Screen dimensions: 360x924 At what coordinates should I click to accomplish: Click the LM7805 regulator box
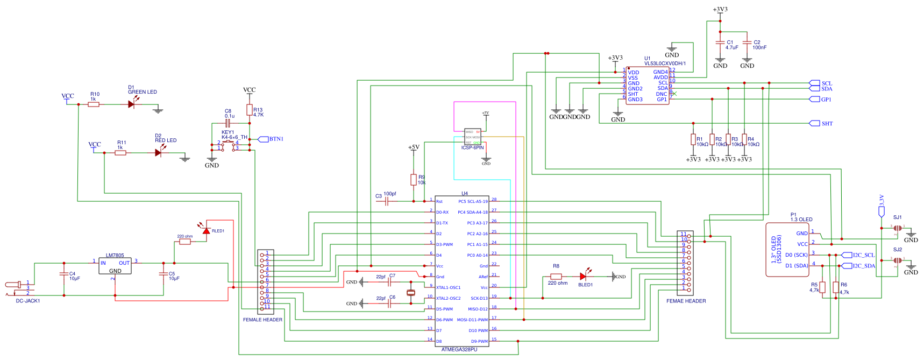coord(115,266)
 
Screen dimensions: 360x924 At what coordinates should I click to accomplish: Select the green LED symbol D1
coord(131,104)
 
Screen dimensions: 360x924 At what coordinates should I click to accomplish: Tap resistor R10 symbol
coord(94,104)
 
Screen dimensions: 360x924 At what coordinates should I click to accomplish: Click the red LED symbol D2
coord(158,153)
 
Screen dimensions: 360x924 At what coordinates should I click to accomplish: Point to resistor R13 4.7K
coord(250,110)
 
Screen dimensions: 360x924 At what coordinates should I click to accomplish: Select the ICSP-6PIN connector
coord(473,137)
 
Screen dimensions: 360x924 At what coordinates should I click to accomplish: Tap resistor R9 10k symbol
coord(414,180)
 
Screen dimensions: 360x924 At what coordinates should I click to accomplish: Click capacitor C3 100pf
coord(387,201)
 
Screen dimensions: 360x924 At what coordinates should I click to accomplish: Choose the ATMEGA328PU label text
coord(459,350)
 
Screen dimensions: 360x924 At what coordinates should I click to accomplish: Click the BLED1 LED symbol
coord(583,277)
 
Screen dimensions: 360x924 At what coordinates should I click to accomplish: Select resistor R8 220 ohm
coord(556,277)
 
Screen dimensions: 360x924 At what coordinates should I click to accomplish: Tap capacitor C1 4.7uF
coord(720,43)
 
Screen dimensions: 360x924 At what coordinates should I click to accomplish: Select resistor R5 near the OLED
coord(822,287)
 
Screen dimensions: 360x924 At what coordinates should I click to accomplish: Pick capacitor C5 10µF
coord(164,274)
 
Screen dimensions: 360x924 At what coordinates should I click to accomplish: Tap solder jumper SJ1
coord(897,228)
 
